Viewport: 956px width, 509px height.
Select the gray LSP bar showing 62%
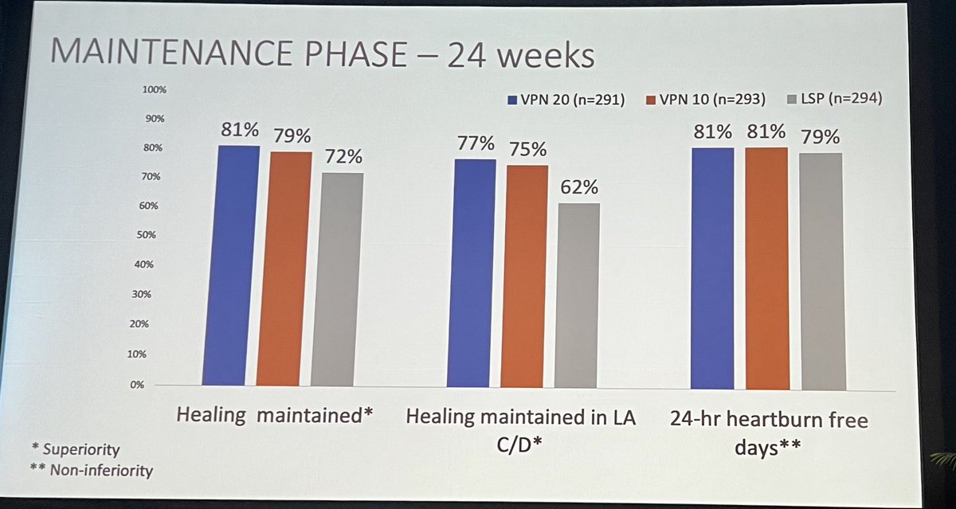pos(577,296)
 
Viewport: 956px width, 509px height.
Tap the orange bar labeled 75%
pos(526,277)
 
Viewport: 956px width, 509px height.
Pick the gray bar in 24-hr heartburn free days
pos(821,271)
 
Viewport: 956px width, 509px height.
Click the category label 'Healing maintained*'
pos(275,415)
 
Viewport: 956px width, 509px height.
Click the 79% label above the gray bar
pos(821,138)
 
